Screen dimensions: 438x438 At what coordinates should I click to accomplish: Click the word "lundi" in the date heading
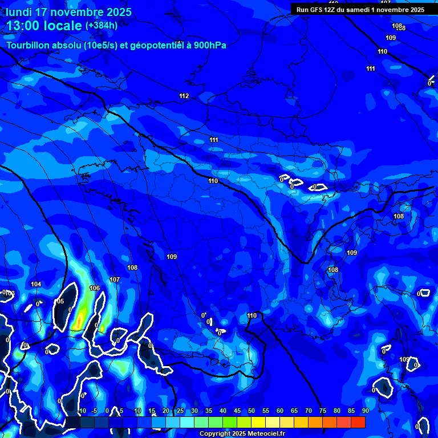point(19,12)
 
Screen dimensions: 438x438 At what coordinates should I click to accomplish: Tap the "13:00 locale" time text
point(44,26)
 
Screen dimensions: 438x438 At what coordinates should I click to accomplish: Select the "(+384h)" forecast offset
point(102,25)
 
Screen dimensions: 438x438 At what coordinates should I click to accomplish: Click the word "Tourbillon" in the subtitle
point(30,46)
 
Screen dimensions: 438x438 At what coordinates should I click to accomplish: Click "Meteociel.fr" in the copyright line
point(265,434)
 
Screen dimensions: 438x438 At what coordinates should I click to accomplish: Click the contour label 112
point(184,96)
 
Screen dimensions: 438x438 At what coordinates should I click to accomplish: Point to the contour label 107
point(115,279)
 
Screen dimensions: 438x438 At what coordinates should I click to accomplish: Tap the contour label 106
point(95,288)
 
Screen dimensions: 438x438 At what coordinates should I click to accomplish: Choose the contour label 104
point(36,284)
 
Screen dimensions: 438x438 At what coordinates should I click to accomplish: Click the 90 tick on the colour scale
point(365,411)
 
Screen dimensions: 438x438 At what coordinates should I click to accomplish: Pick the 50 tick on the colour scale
point(251,411)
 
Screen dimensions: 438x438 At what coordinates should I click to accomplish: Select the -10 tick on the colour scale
point(81,411)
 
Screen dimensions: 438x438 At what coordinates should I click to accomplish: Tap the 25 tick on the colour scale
point(180,411)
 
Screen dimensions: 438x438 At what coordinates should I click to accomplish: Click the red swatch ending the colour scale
point(358,422)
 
